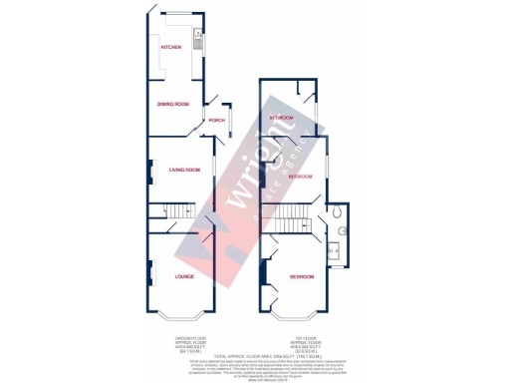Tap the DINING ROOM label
(172, 103)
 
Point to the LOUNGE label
(184, 276)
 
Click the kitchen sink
(198, 41)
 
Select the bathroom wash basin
(334, 236)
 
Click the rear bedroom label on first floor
(282, 118)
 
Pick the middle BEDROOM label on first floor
(300, 176)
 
